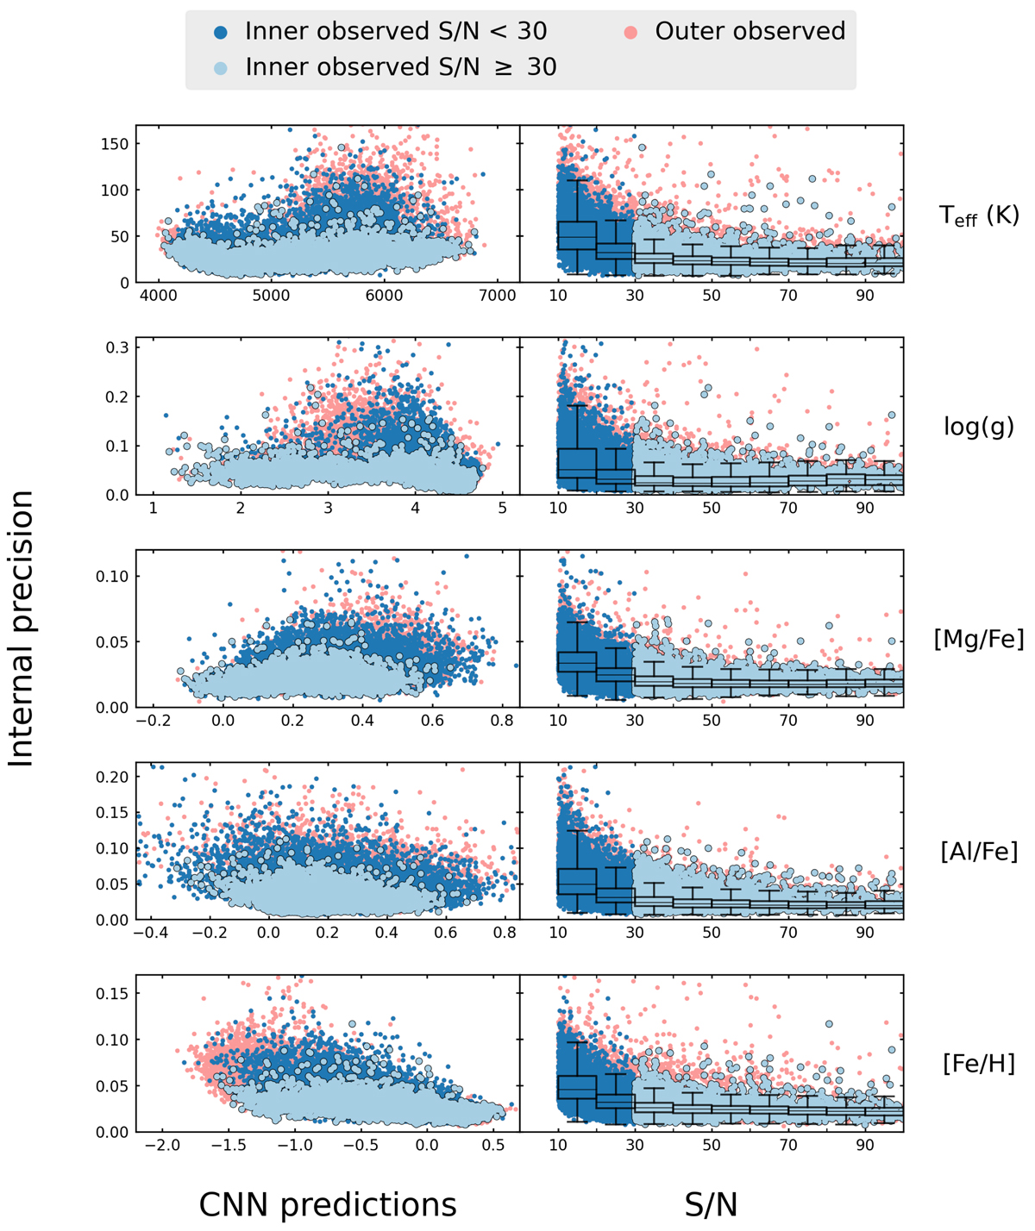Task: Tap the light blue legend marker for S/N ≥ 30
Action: (221, 67)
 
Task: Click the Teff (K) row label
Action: (979, 216)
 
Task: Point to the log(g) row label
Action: (979, 428)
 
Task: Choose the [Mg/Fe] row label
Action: (979, 639)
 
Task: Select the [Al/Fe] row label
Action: (979, 852)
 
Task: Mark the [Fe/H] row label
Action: (979, 1064)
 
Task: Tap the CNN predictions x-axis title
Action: (328, 1205)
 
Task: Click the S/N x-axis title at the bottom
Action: (712, 1205)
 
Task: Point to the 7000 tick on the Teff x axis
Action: (496, 297)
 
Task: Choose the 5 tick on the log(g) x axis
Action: (503, 509)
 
